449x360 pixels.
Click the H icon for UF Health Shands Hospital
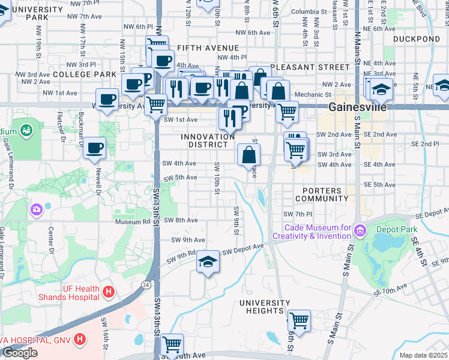[x=109, y=292]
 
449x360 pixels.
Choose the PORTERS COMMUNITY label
[x=321, y=194]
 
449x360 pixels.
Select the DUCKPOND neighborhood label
[x=417, y=39]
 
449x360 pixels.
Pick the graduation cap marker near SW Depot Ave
[x=208, y=262]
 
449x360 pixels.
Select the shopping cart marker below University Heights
[x=298, y=320]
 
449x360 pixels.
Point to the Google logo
[x=20, y=353]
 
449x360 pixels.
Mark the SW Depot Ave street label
[x=244, y=248]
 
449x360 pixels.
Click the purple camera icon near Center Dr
[x=36, y=209]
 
